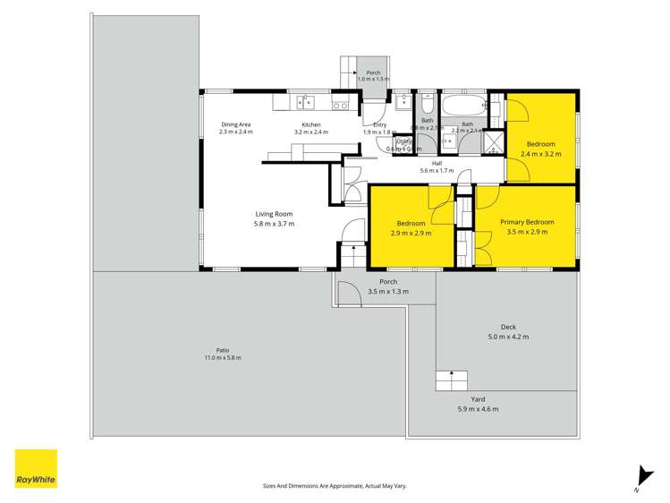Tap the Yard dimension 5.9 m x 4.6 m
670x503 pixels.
[479, 409]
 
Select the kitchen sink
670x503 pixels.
[306, 104]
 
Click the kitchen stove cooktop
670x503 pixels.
[340, 105]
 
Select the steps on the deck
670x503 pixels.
[452, 380]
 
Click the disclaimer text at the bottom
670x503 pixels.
[335, 485]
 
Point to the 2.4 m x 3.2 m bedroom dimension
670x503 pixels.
[540, 154]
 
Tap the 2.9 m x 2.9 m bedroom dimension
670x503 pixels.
[411, 233]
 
